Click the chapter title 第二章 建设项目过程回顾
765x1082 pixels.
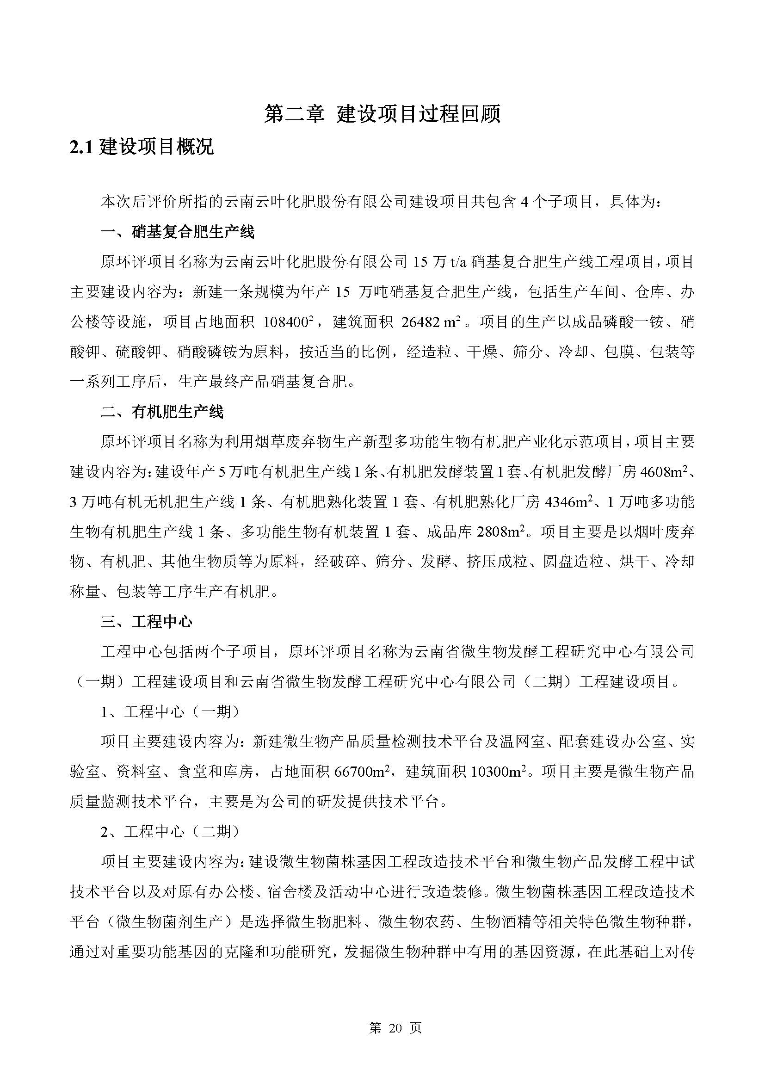coord(382,115)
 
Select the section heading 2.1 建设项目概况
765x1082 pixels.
coord(142,147)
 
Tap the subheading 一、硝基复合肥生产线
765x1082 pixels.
coord(178,232)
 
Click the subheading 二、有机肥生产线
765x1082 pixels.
coord(162,412)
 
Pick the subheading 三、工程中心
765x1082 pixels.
coord(147,622)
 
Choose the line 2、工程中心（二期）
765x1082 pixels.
coord(170,832)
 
